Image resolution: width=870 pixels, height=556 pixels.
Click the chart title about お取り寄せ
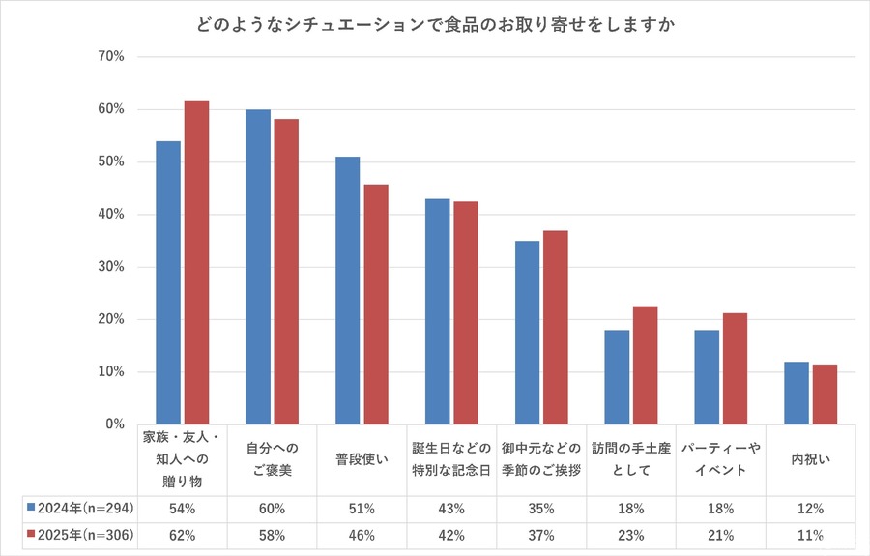pos(434,23)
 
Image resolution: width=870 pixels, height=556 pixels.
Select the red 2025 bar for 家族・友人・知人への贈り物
pos(197,262)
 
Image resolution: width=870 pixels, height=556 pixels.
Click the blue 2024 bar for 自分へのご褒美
pos(257,267)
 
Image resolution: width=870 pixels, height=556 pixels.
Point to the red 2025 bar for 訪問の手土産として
pos(645,365)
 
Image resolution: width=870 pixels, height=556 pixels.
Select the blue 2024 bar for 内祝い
pos(796,393)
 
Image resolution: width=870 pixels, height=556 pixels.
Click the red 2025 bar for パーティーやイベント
pos(735,368)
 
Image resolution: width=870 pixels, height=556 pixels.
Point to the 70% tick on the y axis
pos(111,57)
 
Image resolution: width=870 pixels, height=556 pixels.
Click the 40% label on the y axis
pos(111,215)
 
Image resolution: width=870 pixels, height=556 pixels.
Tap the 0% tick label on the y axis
pos(115,424)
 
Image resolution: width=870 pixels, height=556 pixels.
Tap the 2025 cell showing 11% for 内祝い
pos(810,535)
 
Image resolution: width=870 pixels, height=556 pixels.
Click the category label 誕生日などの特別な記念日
pos(451,460)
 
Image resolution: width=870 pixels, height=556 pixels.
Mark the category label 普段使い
pos(362,460)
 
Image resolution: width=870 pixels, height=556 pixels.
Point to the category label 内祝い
pos(810,460)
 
